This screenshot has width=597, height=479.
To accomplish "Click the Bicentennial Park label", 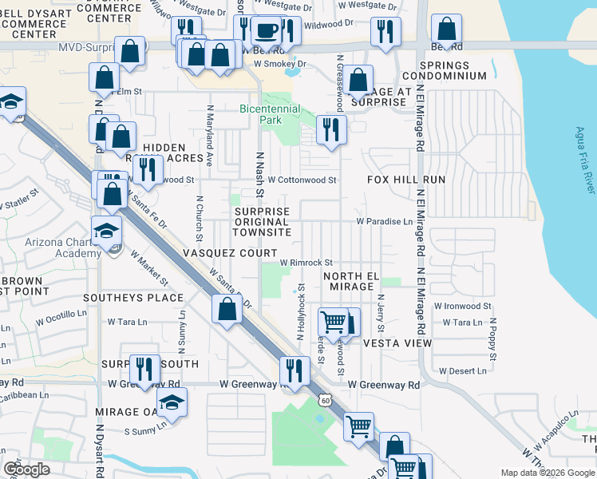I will [x=271, y=114].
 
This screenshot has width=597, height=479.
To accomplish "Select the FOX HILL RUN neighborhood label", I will [x=406, y=180].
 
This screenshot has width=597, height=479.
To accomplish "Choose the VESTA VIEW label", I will [x=397, y=343].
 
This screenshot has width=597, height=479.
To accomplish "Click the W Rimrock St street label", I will [x=306, y=262].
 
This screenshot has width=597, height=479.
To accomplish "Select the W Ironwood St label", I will [x=462, y=306].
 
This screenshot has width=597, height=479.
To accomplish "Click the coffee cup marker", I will [x=265, y=32].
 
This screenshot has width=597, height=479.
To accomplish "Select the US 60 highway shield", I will [x=321, y=397].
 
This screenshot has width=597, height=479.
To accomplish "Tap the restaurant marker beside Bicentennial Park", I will [x=330, y=129].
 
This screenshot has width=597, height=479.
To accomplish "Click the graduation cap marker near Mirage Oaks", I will [x=171, y=404].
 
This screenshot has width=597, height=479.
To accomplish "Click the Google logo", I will [x=26, y=469].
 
